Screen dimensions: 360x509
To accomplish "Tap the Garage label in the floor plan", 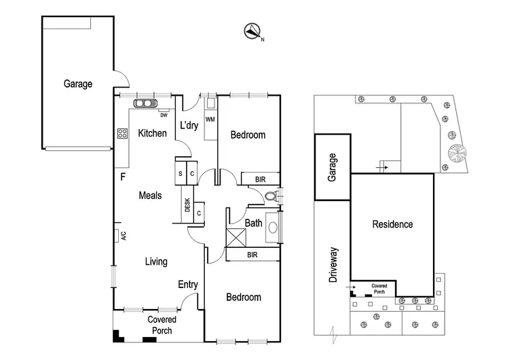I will click(x=78, y=84).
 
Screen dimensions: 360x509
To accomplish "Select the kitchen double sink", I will click(x=145, y=104).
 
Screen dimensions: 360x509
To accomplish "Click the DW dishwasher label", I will click(x=164, y=114).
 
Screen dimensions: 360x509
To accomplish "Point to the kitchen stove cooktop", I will click(x=122, y=133).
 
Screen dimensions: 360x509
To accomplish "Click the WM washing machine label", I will click(x=210, y=120).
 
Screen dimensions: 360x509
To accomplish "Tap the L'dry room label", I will click(x=189, y=126).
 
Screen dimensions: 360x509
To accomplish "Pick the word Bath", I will click(x=254, y=222).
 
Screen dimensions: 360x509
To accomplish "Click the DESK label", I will click(x=187, y=204).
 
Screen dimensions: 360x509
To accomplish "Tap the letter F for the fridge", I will click(x=123, y=177).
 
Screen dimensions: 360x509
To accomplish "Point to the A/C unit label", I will click(x=124, y=236).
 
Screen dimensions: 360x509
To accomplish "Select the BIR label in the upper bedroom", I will click(x=261, y=179).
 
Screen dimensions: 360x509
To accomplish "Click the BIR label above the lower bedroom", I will click(x=252, y=255).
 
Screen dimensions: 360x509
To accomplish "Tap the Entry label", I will click(x=188, y=285).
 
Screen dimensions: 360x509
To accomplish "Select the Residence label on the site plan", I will click(x=392, y=224).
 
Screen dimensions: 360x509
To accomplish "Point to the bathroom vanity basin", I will click(x=274, y=226).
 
